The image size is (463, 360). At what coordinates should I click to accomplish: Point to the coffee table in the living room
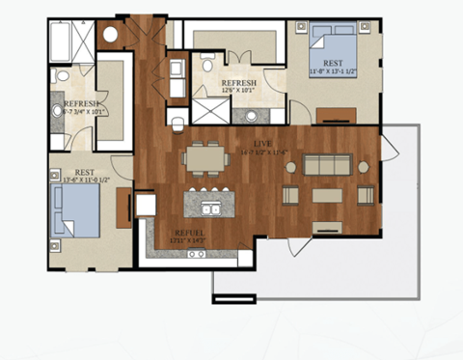point(327,195)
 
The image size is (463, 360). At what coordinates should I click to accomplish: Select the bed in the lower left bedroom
point(76,211)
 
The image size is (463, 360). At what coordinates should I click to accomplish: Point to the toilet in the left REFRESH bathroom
point(62,77)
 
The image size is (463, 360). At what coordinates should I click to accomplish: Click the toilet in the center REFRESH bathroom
point(180,120)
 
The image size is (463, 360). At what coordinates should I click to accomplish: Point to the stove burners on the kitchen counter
point(197,253)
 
